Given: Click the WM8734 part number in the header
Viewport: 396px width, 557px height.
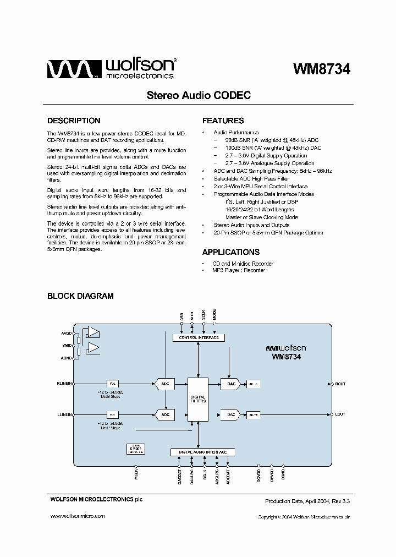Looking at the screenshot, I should pyautogui.click(x=322, y=69).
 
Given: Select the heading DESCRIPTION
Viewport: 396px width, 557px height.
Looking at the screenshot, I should pyautogui.click(x=74, y=121).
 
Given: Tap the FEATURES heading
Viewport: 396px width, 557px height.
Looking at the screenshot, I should pyautogui.click(x=223, y=121).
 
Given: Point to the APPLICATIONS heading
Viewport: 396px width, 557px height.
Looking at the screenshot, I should pyautogui.click(x=230, y=252).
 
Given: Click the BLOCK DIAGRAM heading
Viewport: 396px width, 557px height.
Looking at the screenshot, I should pyautogui.click(x=80, y=296).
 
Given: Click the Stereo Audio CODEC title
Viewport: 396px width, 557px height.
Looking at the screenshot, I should pyautogui.click(x=198, y=95).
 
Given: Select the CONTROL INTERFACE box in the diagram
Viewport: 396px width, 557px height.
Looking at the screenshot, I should pyautogui.click(x=199, y=337).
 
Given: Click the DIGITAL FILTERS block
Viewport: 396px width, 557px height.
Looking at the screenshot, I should pyautogui.click(x=198, y=400).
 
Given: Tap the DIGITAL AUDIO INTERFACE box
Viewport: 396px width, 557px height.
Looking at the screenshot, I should pyautogui.click(x=203, y=452).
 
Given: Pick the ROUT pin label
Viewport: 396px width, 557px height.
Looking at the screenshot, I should pyautogui.click(x=340, y=384).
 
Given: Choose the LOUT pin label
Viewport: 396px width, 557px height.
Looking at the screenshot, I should pyautogui.click(x=340, y=414).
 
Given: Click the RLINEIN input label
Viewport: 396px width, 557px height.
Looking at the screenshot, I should pyautogui.click(x=65, y=384).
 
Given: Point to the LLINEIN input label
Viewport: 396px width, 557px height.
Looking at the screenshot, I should pyautogui.click(x=65, y=414).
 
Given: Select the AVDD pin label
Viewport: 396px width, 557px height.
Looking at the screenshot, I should pyautogui.click(x=67, y=333).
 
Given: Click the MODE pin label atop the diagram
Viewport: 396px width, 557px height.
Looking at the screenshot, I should pyautogui.click(x=215, y=315).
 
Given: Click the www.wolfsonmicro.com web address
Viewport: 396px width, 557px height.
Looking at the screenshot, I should pyautogui.click(x=78, y=516).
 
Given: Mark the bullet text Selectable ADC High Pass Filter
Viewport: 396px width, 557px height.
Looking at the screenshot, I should pyautogui.click(x=251, y=179).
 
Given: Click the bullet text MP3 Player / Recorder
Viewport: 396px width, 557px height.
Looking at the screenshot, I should pyautogui.click(x=239, y=270).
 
